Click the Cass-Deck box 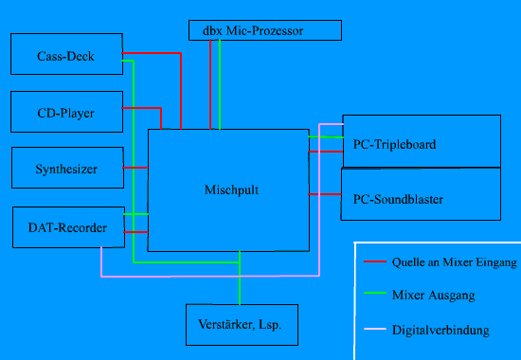[x=66, y=53]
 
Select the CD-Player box [x=66, y=112]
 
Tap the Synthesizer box [x=66, y=168]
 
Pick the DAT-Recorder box [x=66, y=226]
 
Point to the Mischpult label [x=231, y=189]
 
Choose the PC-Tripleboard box [x=420, y=141]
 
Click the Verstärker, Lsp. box [x=241, y=324]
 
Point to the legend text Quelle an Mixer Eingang [x=454, y=261]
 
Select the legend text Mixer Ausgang [x=432, y=296]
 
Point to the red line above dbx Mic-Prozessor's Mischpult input [x=209, y=85]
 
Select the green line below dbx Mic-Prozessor [x=220, y=85]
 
